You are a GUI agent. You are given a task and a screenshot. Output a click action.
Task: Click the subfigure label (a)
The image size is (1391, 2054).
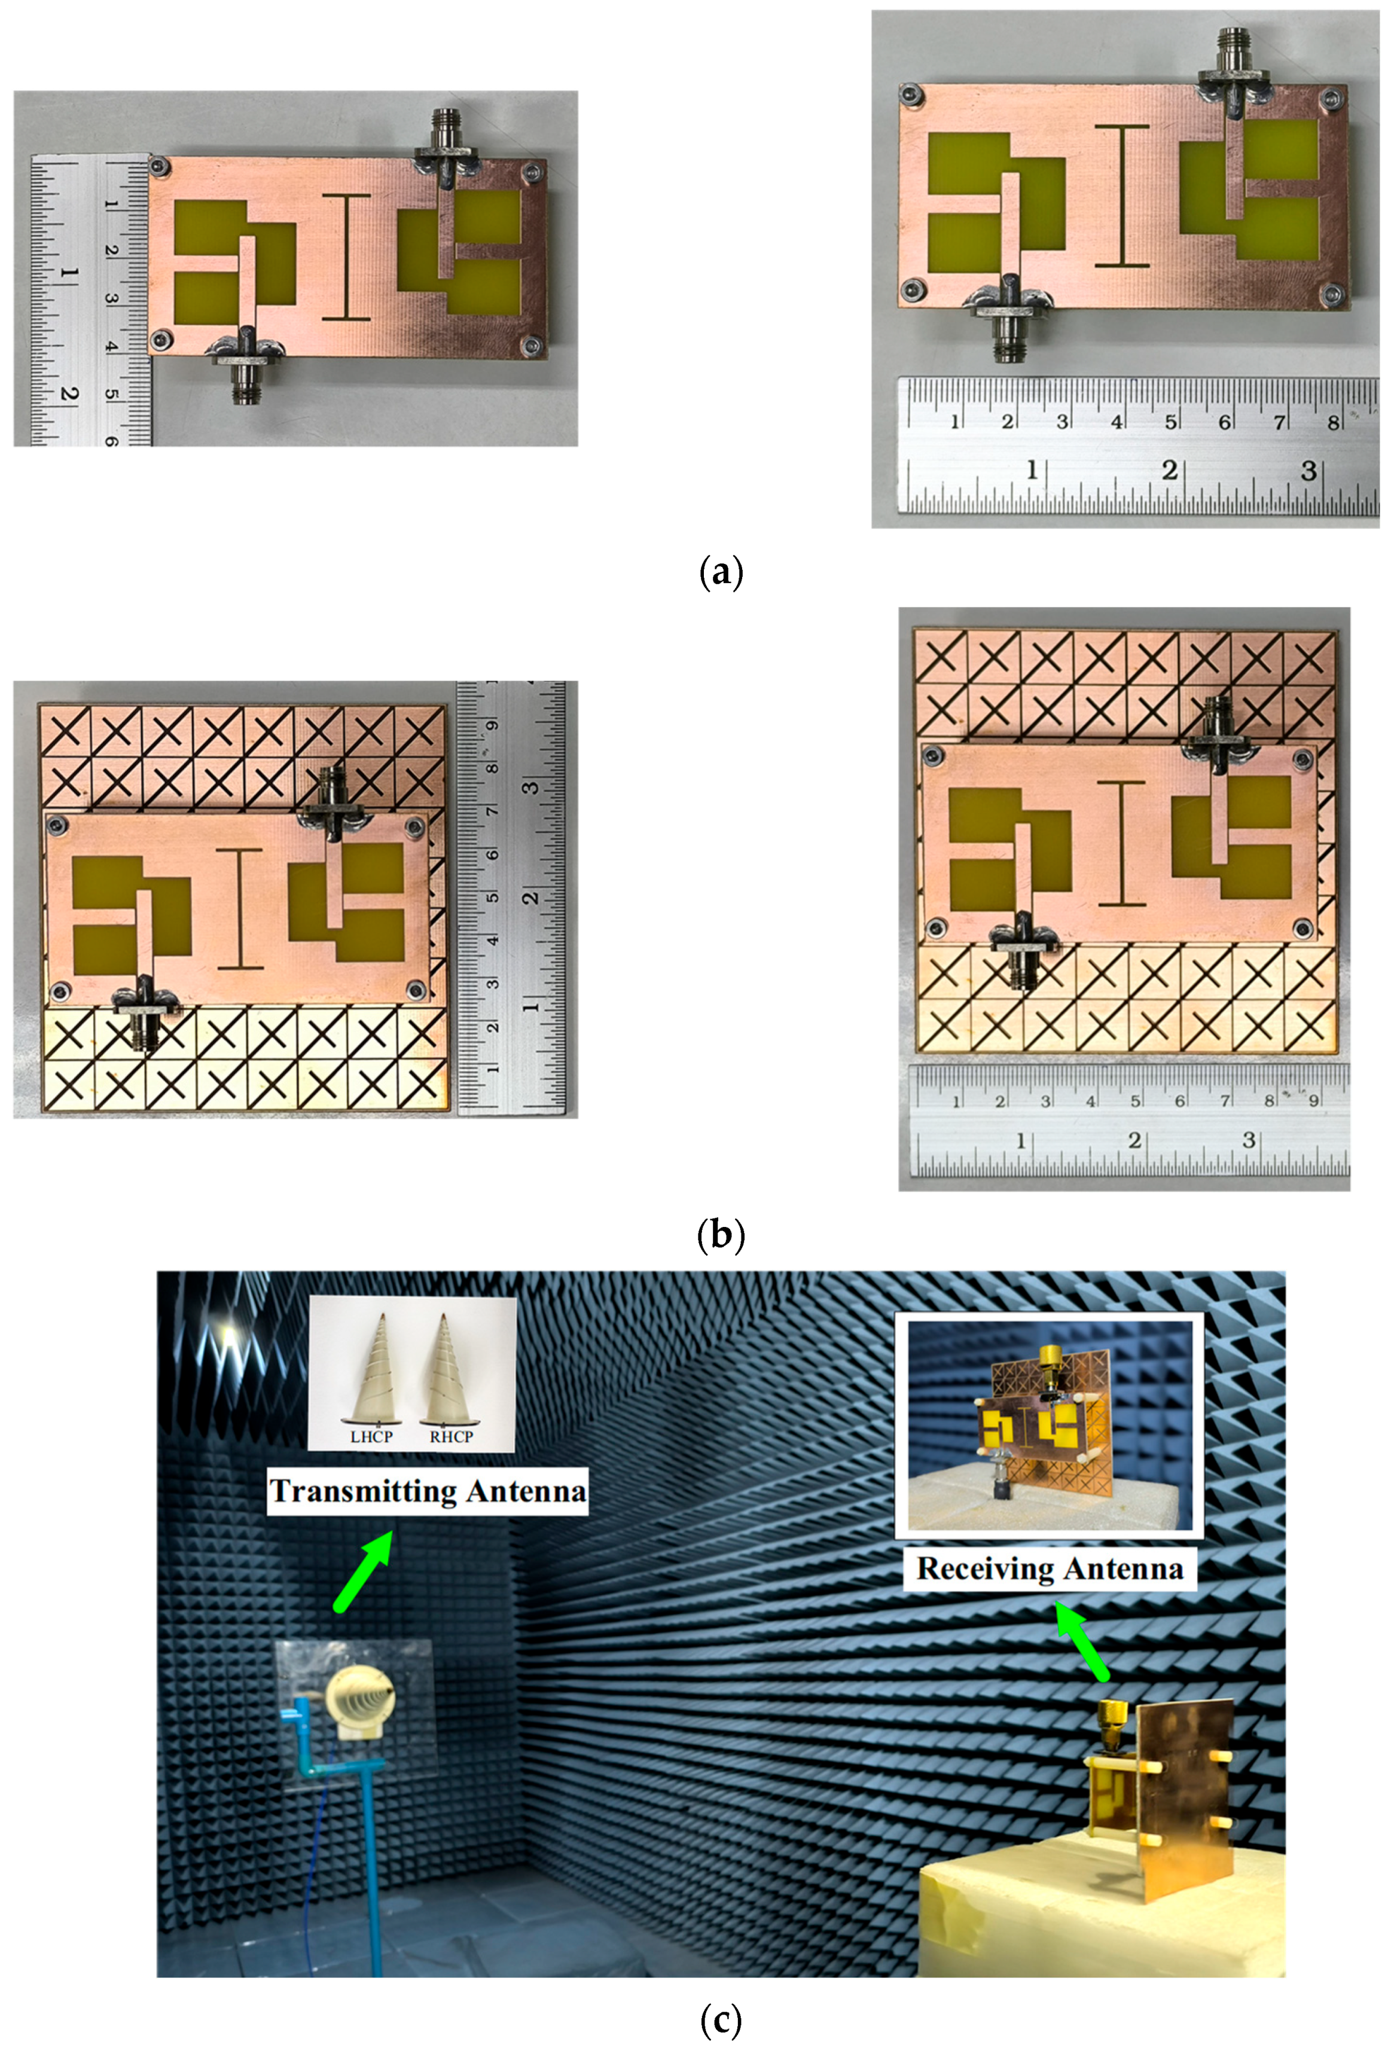click(x=720, y=573)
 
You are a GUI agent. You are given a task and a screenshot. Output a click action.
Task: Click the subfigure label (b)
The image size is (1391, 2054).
click(x=720, y=1234)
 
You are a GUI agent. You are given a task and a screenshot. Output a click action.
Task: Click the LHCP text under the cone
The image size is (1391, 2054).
click(x=371, y=1436)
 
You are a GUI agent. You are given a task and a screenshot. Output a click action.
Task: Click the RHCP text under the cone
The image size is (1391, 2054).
click(x=451, y=1436)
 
